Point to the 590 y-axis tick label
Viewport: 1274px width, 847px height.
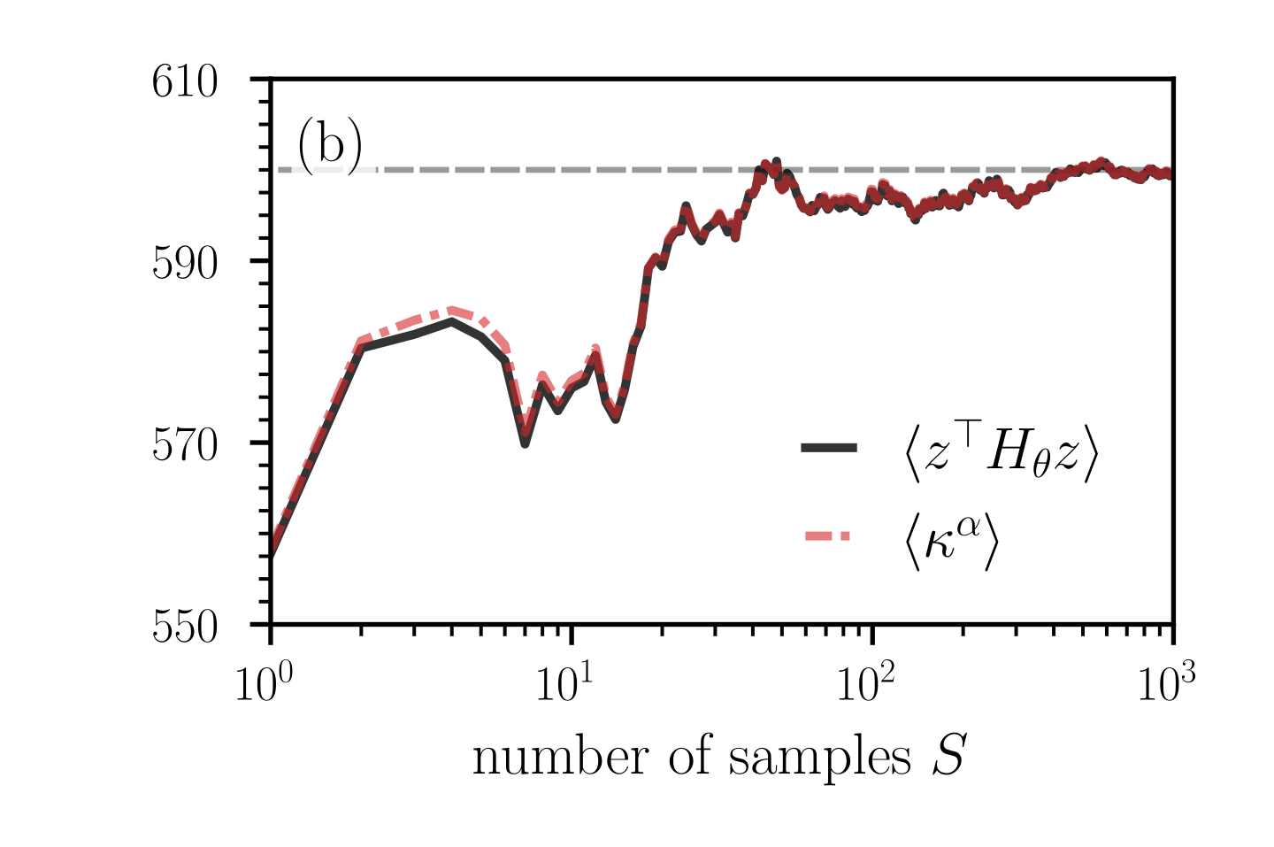coord(185,264)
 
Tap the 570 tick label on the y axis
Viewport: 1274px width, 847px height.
coord(185,445)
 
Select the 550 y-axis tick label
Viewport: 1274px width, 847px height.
coord(185,627)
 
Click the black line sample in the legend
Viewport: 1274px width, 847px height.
coord(828,448)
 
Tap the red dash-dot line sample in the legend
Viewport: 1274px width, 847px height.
coord(828,535)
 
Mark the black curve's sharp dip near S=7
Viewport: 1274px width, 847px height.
coord(525,443)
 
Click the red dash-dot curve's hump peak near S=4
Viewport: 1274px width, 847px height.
coord(451,310)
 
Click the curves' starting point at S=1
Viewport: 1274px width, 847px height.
coord(272,557)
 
